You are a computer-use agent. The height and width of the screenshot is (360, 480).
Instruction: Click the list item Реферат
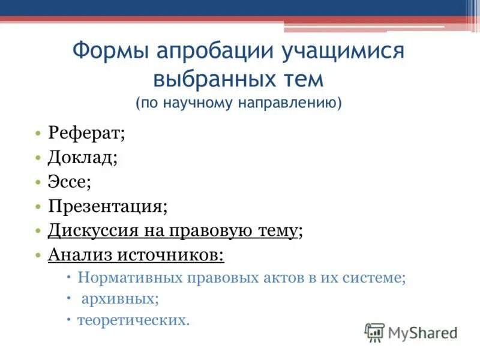click(x=86, y=133)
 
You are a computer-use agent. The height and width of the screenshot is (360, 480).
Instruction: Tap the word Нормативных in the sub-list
click(x=123, y=278)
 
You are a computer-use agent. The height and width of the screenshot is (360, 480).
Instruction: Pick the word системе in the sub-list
click(x=376, y=278)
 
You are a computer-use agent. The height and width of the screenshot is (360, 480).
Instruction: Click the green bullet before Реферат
click(x=37, y=134)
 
